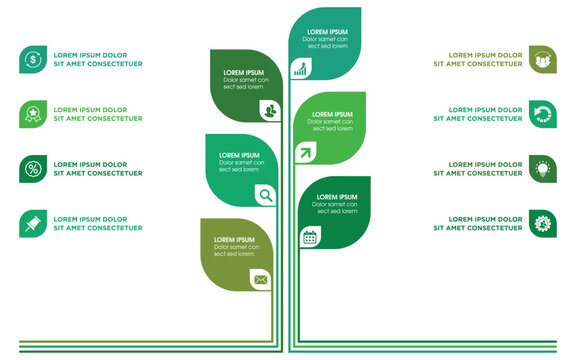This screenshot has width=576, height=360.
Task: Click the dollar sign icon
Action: tap(33, 59)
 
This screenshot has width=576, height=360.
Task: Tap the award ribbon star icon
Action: tap(33, 114)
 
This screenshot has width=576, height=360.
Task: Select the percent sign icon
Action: tap(33, 169)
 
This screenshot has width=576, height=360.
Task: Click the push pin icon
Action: tap(33, 224)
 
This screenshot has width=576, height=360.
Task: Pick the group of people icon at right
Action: tap(543, 59)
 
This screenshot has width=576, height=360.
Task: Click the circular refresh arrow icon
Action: tap(543, 114)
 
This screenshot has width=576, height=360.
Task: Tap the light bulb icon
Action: tap(543, 169)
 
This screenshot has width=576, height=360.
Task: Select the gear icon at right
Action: tap(543, 224)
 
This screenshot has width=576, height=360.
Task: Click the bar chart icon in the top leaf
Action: tap(300, 68)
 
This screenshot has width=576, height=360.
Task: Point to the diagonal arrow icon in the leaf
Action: tap(303, 153)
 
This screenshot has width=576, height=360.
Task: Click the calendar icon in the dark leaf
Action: tap(310, 237)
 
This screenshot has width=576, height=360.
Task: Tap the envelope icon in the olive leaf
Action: tap(261, 279)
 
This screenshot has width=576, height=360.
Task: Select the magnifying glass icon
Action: tap(265, 195)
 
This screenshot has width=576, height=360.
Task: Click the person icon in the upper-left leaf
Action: tap(270, 110)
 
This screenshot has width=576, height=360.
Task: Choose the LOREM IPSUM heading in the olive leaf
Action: tap(234, 240)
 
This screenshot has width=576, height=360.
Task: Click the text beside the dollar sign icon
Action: tap(97, 59)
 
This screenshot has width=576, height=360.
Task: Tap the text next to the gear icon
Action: tap(478, 224)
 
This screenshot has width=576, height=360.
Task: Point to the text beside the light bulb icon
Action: tap(478, 169)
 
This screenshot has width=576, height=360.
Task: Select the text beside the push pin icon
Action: tap(97, 224)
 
